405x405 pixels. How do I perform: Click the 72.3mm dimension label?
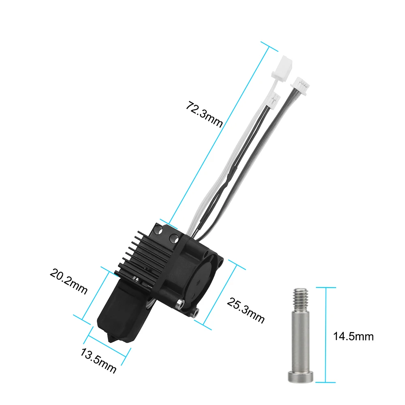[204, 114]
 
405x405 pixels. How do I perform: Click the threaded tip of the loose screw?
[299, 295]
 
